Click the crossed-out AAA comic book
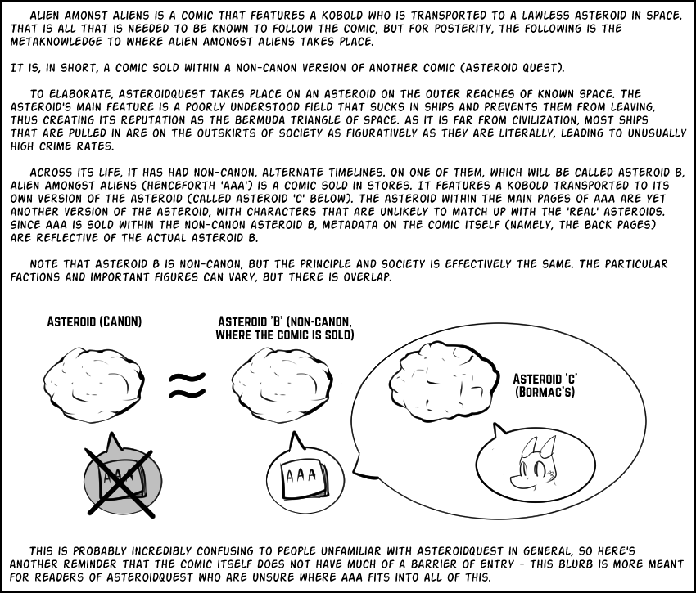[120, 481]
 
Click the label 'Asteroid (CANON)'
[94, 322]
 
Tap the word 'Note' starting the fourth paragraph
[47, 264]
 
